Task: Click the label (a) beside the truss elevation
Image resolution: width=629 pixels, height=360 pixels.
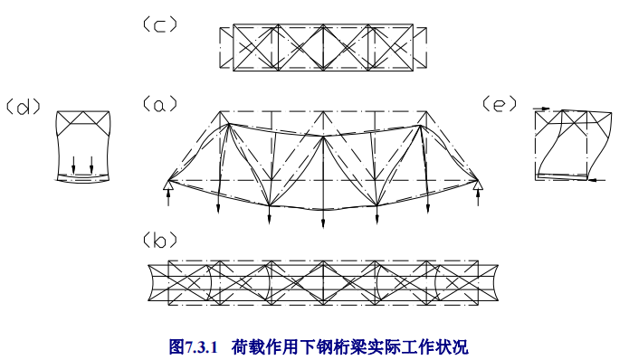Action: [159, 105]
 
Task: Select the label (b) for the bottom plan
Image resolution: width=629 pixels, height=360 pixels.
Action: [159, 240]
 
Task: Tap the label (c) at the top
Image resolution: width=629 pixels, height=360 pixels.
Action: [159, 25]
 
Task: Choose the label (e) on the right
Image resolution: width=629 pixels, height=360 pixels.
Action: [500, 105]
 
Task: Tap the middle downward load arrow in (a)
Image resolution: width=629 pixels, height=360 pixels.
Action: [324, 218]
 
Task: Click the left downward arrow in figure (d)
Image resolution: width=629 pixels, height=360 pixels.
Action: [74, 165]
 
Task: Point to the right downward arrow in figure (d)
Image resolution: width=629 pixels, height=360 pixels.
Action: [91, 165]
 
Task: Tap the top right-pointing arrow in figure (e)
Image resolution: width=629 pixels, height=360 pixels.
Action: [540, 109]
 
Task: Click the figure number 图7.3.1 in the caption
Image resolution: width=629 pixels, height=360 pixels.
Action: [195, 346]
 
